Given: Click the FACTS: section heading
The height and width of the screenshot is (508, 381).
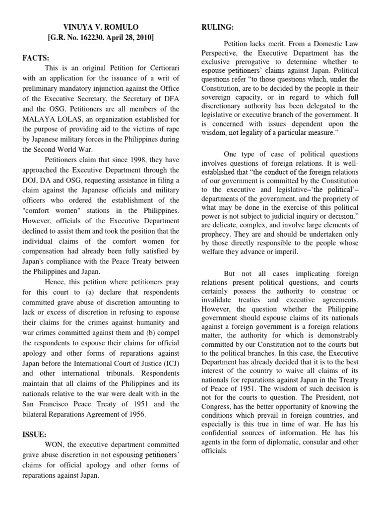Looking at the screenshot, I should (x=35, y=58).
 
